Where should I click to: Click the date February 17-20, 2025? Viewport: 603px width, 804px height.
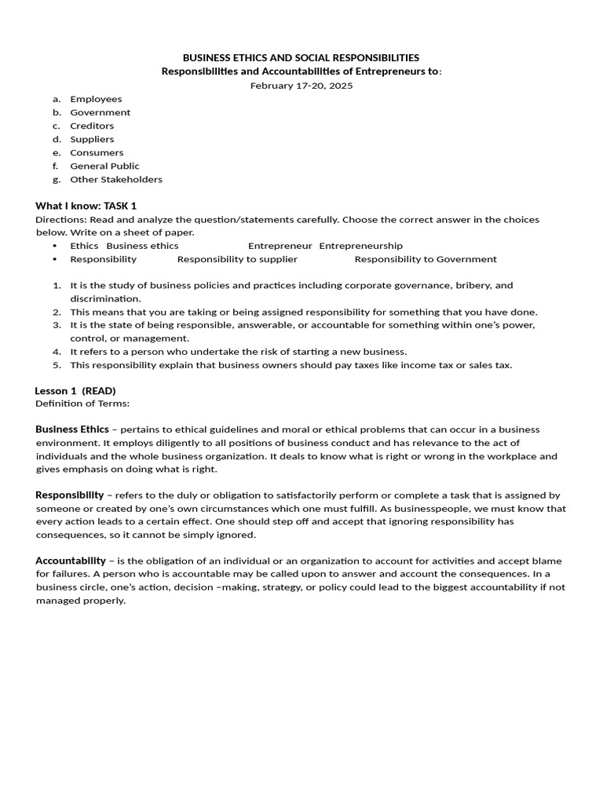pos(301,86)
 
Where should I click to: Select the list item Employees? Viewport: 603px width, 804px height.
pos(96,99)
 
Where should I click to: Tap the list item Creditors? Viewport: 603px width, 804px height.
pos(92,126)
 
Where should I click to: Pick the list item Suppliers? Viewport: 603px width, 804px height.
pos(92,139)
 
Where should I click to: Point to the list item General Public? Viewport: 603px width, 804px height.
pos(104,166)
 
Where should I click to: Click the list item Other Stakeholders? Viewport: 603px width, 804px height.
pos(116,179)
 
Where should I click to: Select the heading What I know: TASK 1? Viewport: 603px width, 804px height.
pos(86,206)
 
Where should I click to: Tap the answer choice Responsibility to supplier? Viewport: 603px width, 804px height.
pos(237,259)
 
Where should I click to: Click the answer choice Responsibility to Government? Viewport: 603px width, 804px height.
pos(426,259)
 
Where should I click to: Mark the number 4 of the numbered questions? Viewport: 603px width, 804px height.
pos(57,352)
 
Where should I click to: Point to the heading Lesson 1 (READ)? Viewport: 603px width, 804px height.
pos(75,390)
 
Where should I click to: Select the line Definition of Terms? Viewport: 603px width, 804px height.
pos(82,404)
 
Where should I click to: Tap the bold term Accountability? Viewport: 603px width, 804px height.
pos(71,561)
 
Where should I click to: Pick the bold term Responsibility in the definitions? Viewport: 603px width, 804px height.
pos(69,495)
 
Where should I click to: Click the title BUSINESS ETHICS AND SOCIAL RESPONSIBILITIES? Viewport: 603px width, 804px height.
pos(301,58)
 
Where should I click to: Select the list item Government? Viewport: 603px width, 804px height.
pos(100,112)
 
